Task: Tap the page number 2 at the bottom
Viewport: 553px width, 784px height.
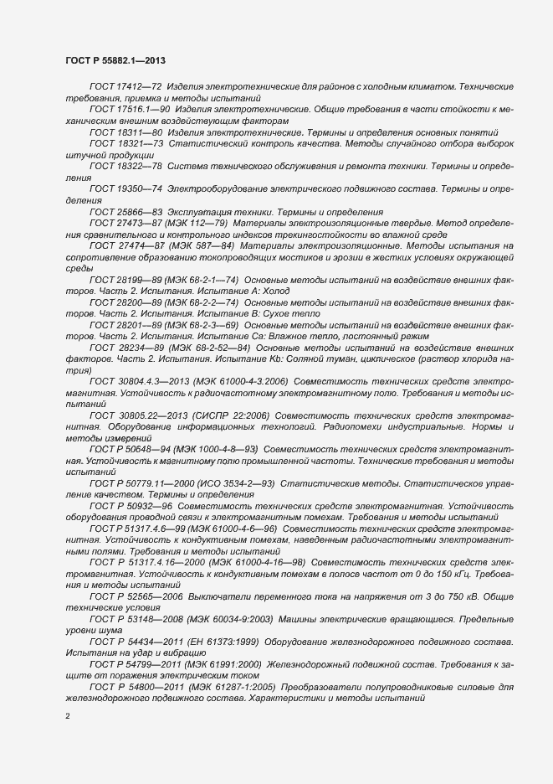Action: point(68,718)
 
